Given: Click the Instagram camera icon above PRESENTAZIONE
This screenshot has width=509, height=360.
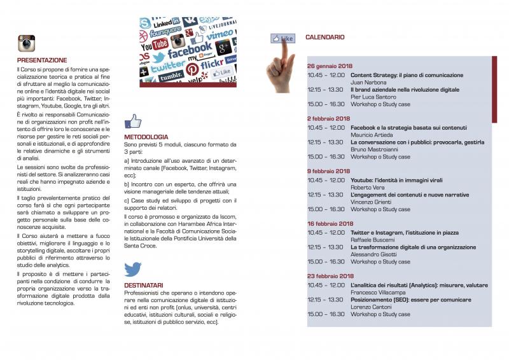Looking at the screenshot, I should coord(26,43).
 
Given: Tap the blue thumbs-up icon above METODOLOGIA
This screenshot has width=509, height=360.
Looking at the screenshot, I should coord(132,121).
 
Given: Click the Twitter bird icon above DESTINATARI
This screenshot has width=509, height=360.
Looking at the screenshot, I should coord(132,269).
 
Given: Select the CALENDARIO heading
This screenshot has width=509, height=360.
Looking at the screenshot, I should coord(325,38).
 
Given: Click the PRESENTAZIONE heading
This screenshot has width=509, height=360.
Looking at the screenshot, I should coord(42,60).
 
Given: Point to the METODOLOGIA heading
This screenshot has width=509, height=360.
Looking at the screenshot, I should coord(146,137).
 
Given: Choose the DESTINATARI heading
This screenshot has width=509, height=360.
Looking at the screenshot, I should coord(144,286).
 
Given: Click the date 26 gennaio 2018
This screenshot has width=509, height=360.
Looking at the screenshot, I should coord(329,66).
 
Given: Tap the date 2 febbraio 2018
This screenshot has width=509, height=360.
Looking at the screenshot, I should coord(328,119).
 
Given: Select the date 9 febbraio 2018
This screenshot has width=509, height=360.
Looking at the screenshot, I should coord(328,171).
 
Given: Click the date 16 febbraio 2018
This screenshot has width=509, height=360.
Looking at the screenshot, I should coord(330,224).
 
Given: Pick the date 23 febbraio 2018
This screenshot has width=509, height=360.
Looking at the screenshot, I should coord(330,276).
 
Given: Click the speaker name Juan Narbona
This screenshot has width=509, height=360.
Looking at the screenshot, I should coord(368,82).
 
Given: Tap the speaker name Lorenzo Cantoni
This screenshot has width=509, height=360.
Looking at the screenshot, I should coord(370,307).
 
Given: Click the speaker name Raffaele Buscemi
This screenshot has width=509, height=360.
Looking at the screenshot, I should coord(372,240).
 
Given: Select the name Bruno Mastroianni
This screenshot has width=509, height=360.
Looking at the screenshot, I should coord(374,149).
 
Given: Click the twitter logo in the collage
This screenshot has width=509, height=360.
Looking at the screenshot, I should coord(168,65).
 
